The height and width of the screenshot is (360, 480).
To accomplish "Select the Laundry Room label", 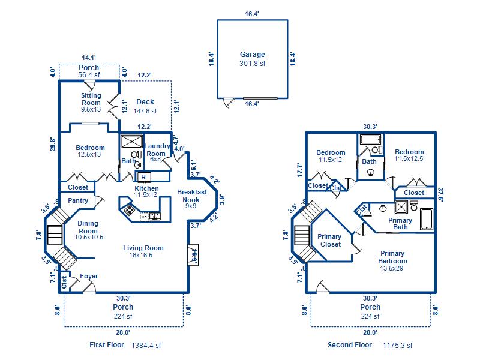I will pos(158,149).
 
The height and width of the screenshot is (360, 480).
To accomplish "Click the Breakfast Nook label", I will pos(192,196).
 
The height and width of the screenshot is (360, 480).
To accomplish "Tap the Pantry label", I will pos(78,201).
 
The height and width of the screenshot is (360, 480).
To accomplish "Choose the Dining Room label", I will pos(88,227).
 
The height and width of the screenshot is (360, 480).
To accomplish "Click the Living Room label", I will pos(143,248).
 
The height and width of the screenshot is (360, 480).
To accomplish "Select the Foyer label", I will pos(89,277).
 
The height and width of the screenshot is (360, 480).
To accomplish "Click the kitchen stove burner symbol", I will pos(129,209).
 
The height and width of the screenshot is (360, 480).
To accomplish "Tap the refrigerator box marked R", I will pos(144,177).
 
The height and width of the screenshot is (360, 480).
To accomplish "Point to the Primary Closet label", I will pos(329,240).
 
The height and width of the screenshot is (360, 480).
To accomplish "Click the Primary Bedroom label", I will pos(392,257).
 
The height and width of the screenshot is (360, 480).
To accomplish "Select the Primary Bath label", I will pos(400,224).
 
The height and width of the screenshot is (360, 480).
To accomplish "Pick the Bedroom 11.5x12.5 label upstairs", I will pos(409,155).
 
